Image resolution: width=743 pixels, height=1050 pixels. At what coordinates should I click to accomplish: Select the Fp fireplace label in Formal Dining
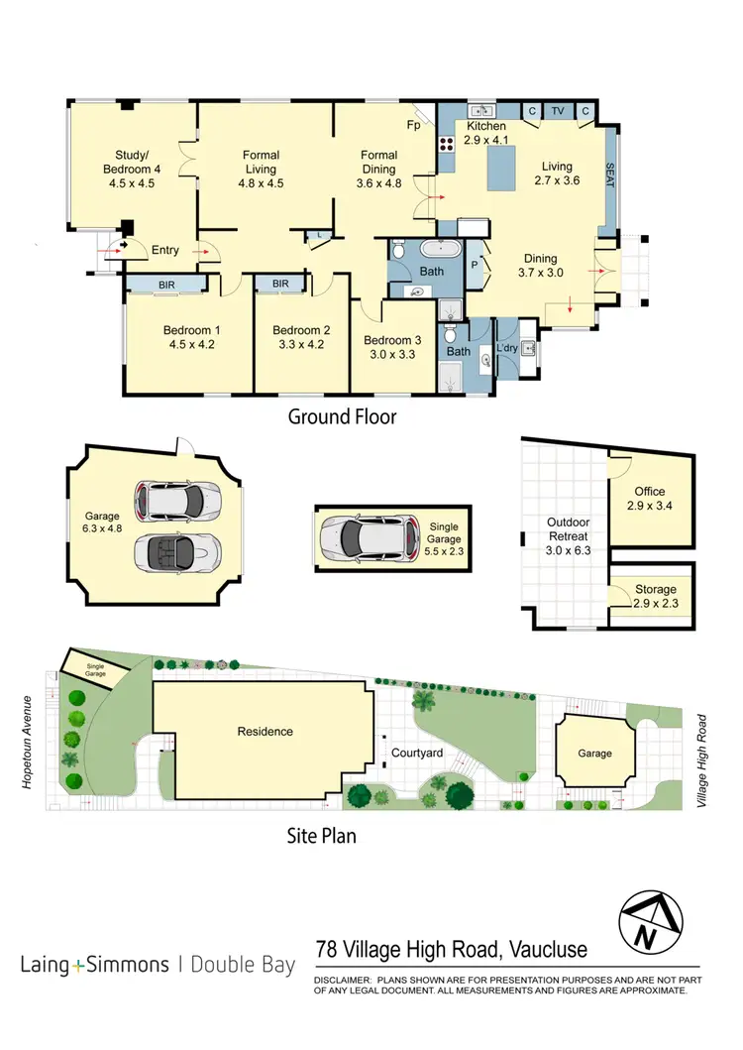pos(413,126)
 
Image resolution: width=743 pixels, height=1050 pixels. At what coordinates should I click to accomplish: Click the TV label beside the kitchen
pos(558,111)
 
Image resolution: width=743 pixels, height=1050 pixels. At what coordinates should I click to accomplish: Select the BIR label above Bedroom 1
pos(165,285)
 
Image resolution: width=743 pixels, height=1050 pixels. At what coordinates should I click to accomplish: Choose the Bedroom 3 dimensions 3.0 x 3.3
pos(393,353)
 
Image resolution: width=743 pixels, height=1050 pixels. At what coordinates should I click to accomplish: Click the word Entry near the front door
pos(165,251)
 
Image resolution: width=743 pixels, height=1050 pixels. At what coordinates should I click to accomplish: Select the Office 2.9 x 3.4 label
pos(649,499)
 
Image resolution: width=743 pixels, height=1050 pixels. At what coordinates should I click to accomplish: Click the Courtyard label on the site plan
pos(416,754)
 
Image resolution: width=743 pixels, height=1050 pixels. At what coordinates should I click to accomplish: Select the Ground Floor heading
pos(342,416)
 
